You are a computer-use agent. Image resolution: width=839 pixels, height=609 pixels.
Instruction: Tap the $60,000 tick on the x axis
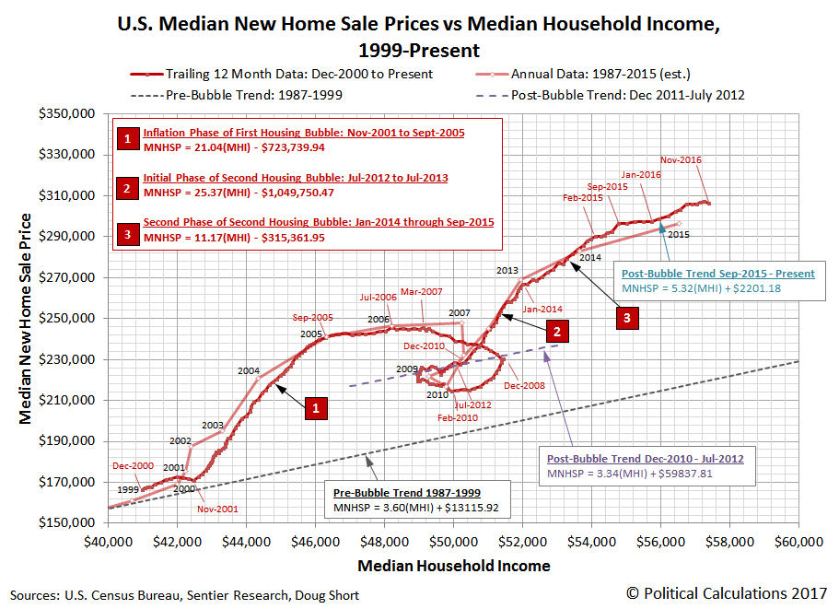click(x=798, y=543)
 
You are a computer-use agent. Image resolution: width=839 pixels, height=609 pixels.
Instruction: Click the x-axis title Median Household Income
click(x=453, y=566)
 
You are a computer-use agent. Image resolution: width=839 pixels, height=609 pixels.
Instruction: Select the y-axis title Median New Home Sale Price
click(x=26, y=319)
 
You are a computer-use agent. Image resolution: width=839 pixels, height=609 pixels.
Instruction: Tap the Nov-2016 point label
click(x=682, y=160)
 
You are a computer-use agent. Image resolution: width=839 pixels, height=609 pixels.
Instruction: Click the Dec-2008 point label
click(x=523, y=385)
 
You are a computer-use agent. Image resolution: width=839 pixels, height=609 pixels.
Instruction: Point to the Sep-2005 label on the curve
click(x=312, y=316)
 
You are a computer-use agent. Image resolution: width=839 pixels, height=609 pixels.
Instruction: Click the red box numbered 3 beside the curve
click(x=628, y=318)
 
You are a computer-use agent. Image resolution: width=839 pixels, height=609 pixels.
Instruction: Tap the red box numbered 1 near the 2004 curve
click(x=316, y=409)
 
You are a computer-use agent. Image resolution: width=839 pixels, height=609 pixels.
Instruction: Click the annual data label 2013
click(x=507, y=271)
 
